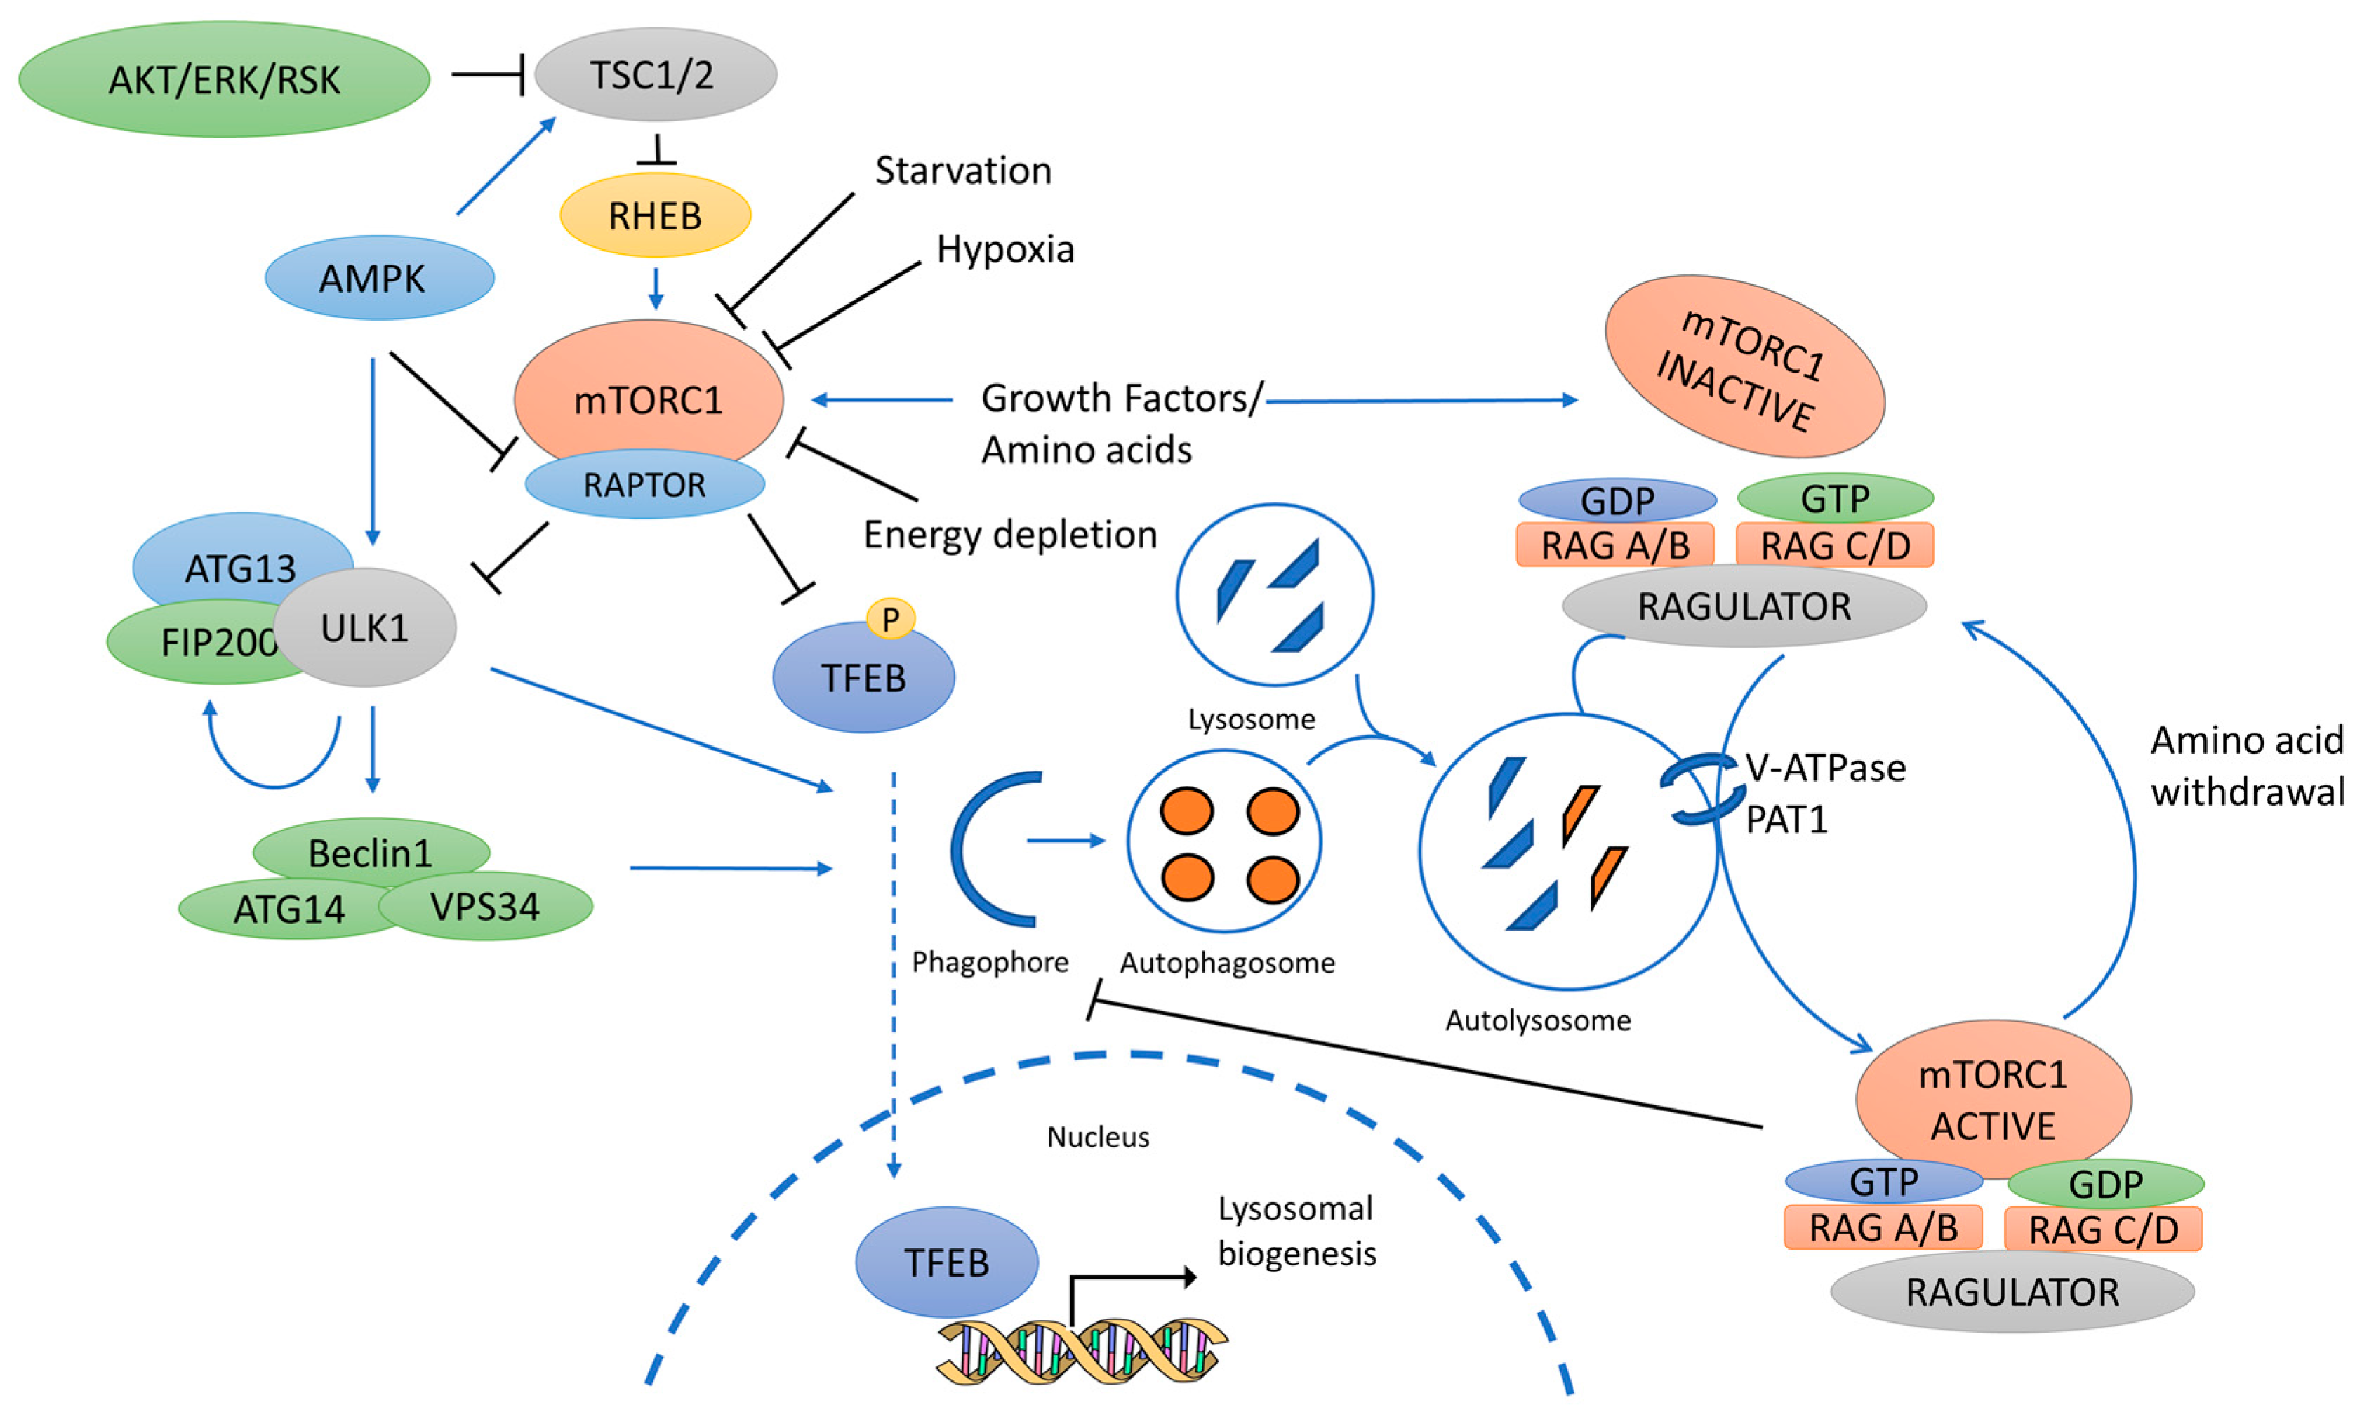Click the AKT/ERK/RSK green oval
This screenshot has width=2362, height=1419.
point(224,79)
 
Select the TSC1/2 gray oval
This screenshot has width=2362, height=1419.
point(655,74)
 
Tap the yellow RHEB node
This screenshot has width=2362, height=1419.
point(655,215)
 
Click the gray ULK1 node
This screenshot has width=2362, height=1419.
point(365,628)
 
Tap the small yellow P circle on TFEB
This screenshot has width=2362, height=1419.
point(890,619)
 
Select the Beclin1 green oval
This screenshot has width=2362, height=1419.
point(371,851)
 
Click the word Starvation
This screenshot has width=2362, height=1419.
point(963,171)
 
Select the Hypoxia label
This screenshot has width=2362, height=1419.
point(1005,250)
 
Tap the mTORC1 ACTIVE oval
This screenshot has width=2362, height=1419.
point(1993,1100)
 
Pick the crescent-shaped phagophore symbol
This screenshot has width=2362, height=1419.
point(990,849)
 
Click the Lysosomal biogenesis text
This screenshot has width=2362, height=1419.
point(1296,1231)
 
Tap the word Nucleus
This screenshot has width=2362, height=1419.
point(1098,1137)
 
